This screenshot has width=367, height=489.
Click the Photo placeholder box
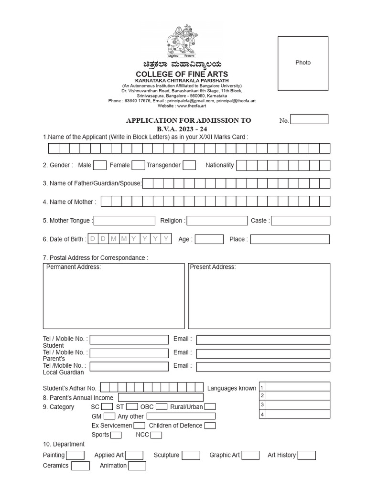coord(303,64)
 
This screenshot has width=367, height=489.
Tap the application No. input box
coord(309,119)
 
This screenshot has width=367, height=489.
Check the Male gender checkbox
coord(100,165)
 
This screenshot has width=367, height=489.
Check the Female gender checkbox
coord(138,165)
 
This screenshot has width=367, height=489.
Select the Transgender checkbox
coord(189,165)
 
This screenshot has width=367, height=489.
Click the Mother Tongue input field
coord(125,221)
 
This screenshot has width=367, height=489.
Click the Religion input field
coord(217,221)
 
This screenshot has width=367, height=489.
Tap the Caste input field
coord(300,221)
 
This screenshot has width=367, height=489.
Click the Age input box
coord(209,239)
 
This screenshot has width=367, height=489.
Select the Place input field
coord(290,239)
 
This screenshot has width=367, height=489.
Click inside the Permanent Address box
coord(114,298)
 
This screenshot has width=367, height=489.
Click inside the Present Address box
coord(259,298)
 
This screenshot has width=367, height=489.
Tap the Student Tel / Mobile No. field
coord(129,340)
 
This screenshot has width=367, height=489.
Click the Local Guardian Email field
coord(263,367)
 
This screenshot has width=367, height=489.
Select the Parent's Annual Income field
coord(161,398)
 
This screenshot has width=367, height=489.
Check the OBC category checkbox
coord(162,407)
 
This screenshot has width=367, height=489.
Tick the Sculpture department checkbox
coord(191,456)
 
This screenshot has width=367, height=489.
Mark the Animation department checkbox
coord(137,466)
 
